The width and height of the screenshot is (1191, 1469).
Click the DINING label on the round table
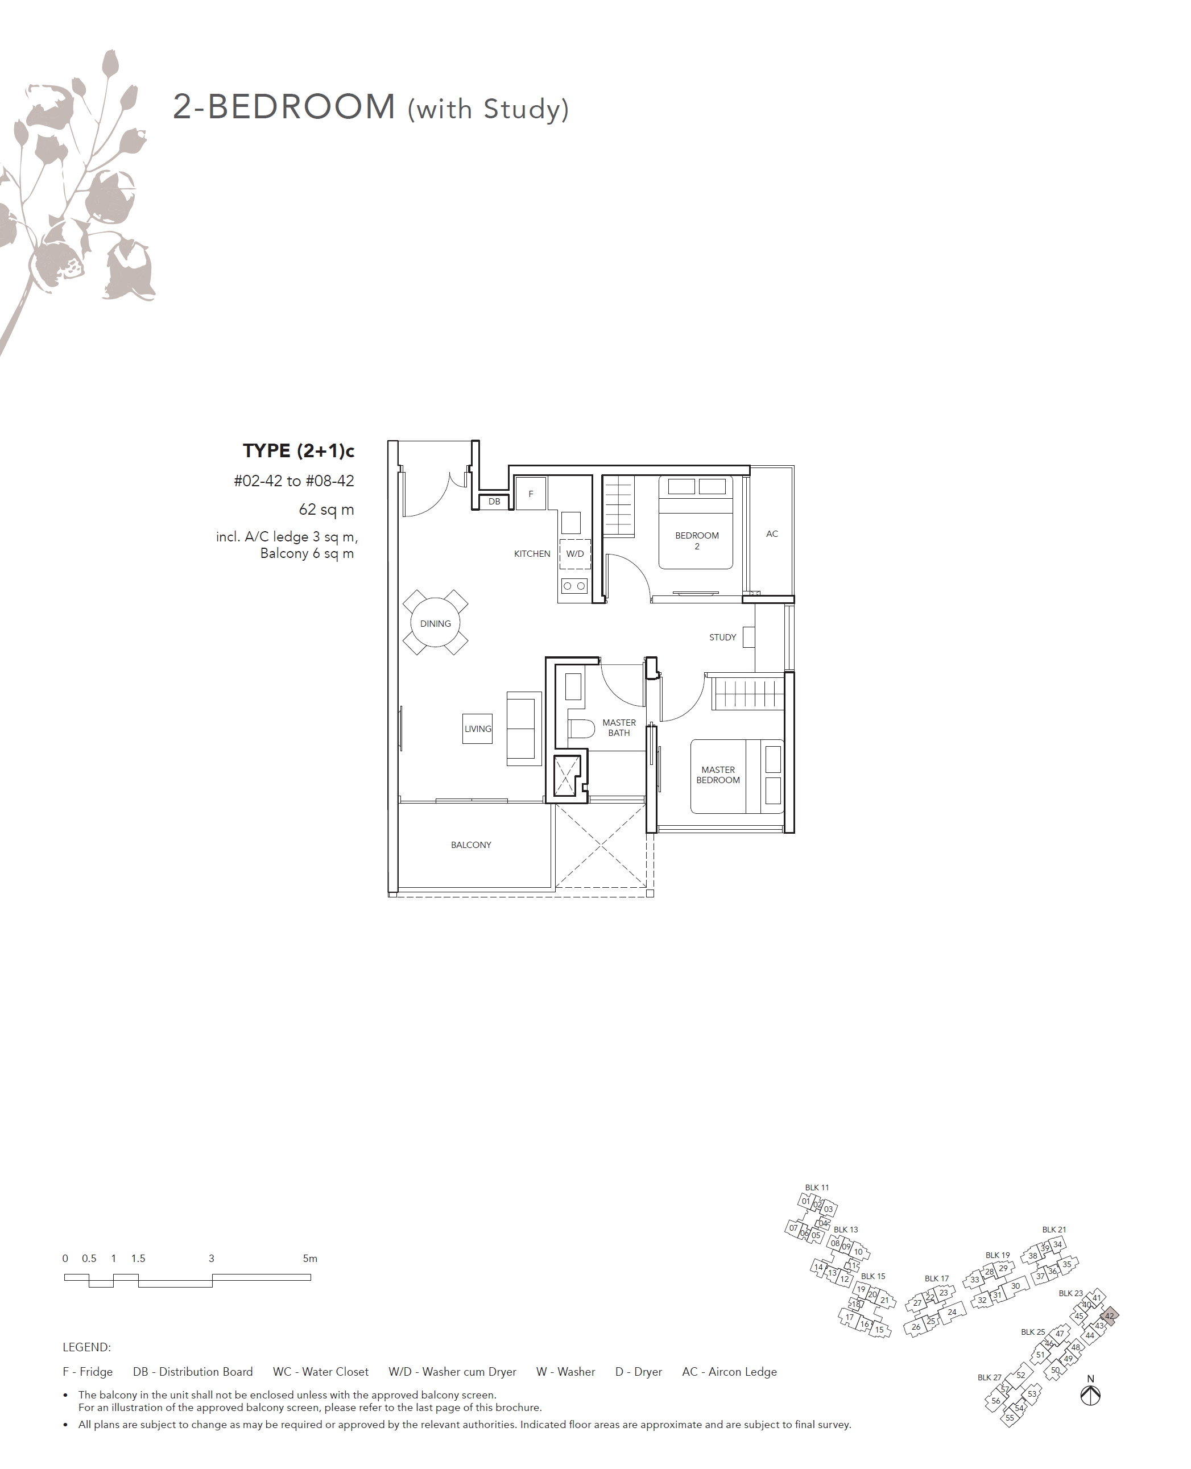coord(435,623)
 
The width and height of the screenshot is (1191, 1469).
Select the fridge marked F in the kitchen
coord(530,494)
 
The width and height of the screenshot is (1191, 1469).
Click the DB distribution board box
coord(494,502)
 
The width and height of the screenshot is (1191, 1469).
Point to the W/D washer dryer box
coord(575,554)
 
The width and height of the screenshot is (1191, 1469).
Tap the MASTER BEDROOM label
coord(718,775)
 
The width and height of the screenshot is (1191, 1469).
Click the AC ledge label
coord(772,533)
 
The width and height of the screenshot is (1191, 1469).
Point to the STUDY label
coord(722,637)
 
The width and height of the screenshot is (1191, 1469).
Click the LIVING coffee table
coord(478,729)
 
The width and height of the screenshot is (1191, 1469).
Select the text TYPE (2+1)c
coord(299,450)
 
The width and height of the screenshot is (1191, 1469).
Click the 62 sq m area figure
coord(326,510)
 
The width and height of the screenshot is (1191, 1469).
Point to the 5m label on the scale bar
coord(310,1259)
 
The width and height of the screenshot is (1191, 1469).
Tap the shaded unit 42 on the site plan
coord(1109,1316)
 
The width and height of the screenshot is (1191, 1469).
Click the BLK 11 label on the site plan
coord(817,1187)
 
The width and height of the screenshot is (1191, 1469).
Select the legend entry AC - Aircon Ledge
coord(729,1372)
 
